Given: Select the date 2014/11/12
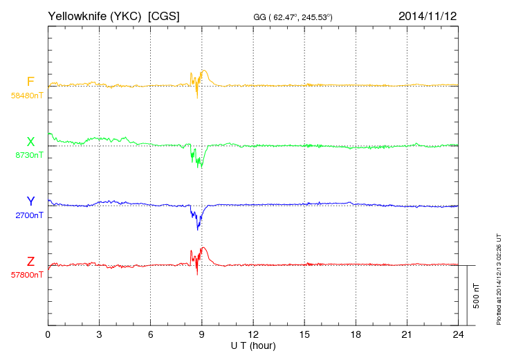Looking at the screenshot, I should point(428,15).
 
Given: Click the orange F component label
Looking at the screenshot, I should point(30,82).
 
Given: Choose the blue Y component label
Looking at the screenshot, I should point(30,201).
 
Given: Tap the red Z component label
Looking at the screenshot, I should point(30,261).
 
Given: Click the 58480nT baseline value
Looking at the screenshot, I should point(27,96).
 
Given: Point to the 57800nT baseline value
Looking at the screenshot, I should point(27,275).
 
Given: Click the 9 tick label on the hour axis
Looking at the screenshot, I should point(202,334).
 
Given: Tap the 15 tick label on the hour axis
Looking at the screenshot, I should point(304,334).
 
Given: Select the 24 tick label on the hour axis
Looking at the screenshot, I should point(459,334).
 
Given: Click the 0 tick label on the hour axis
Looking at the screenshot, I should point(48,334).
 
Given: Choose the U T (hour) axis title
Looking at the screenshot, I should point(253,345).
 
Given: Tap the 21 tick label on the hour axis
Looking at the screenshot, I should point(407,334).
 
